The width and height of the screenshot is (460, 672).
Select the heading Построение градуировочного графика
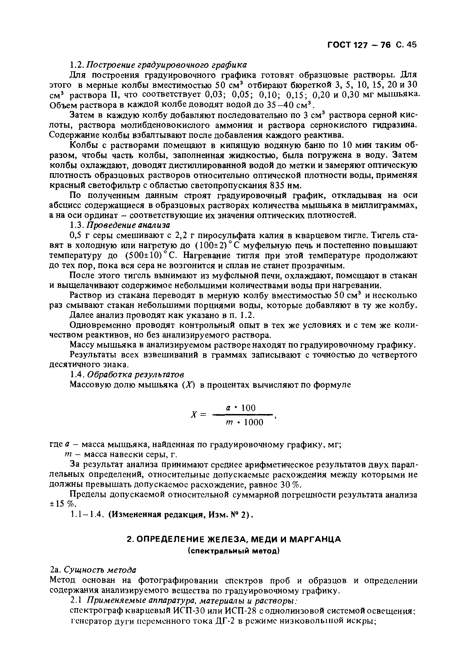[167, 64]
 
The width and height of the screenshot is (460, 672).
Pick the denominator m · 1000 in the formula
[244, 422]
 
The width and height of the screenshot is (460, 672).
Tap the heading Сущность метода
[100, 570]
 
